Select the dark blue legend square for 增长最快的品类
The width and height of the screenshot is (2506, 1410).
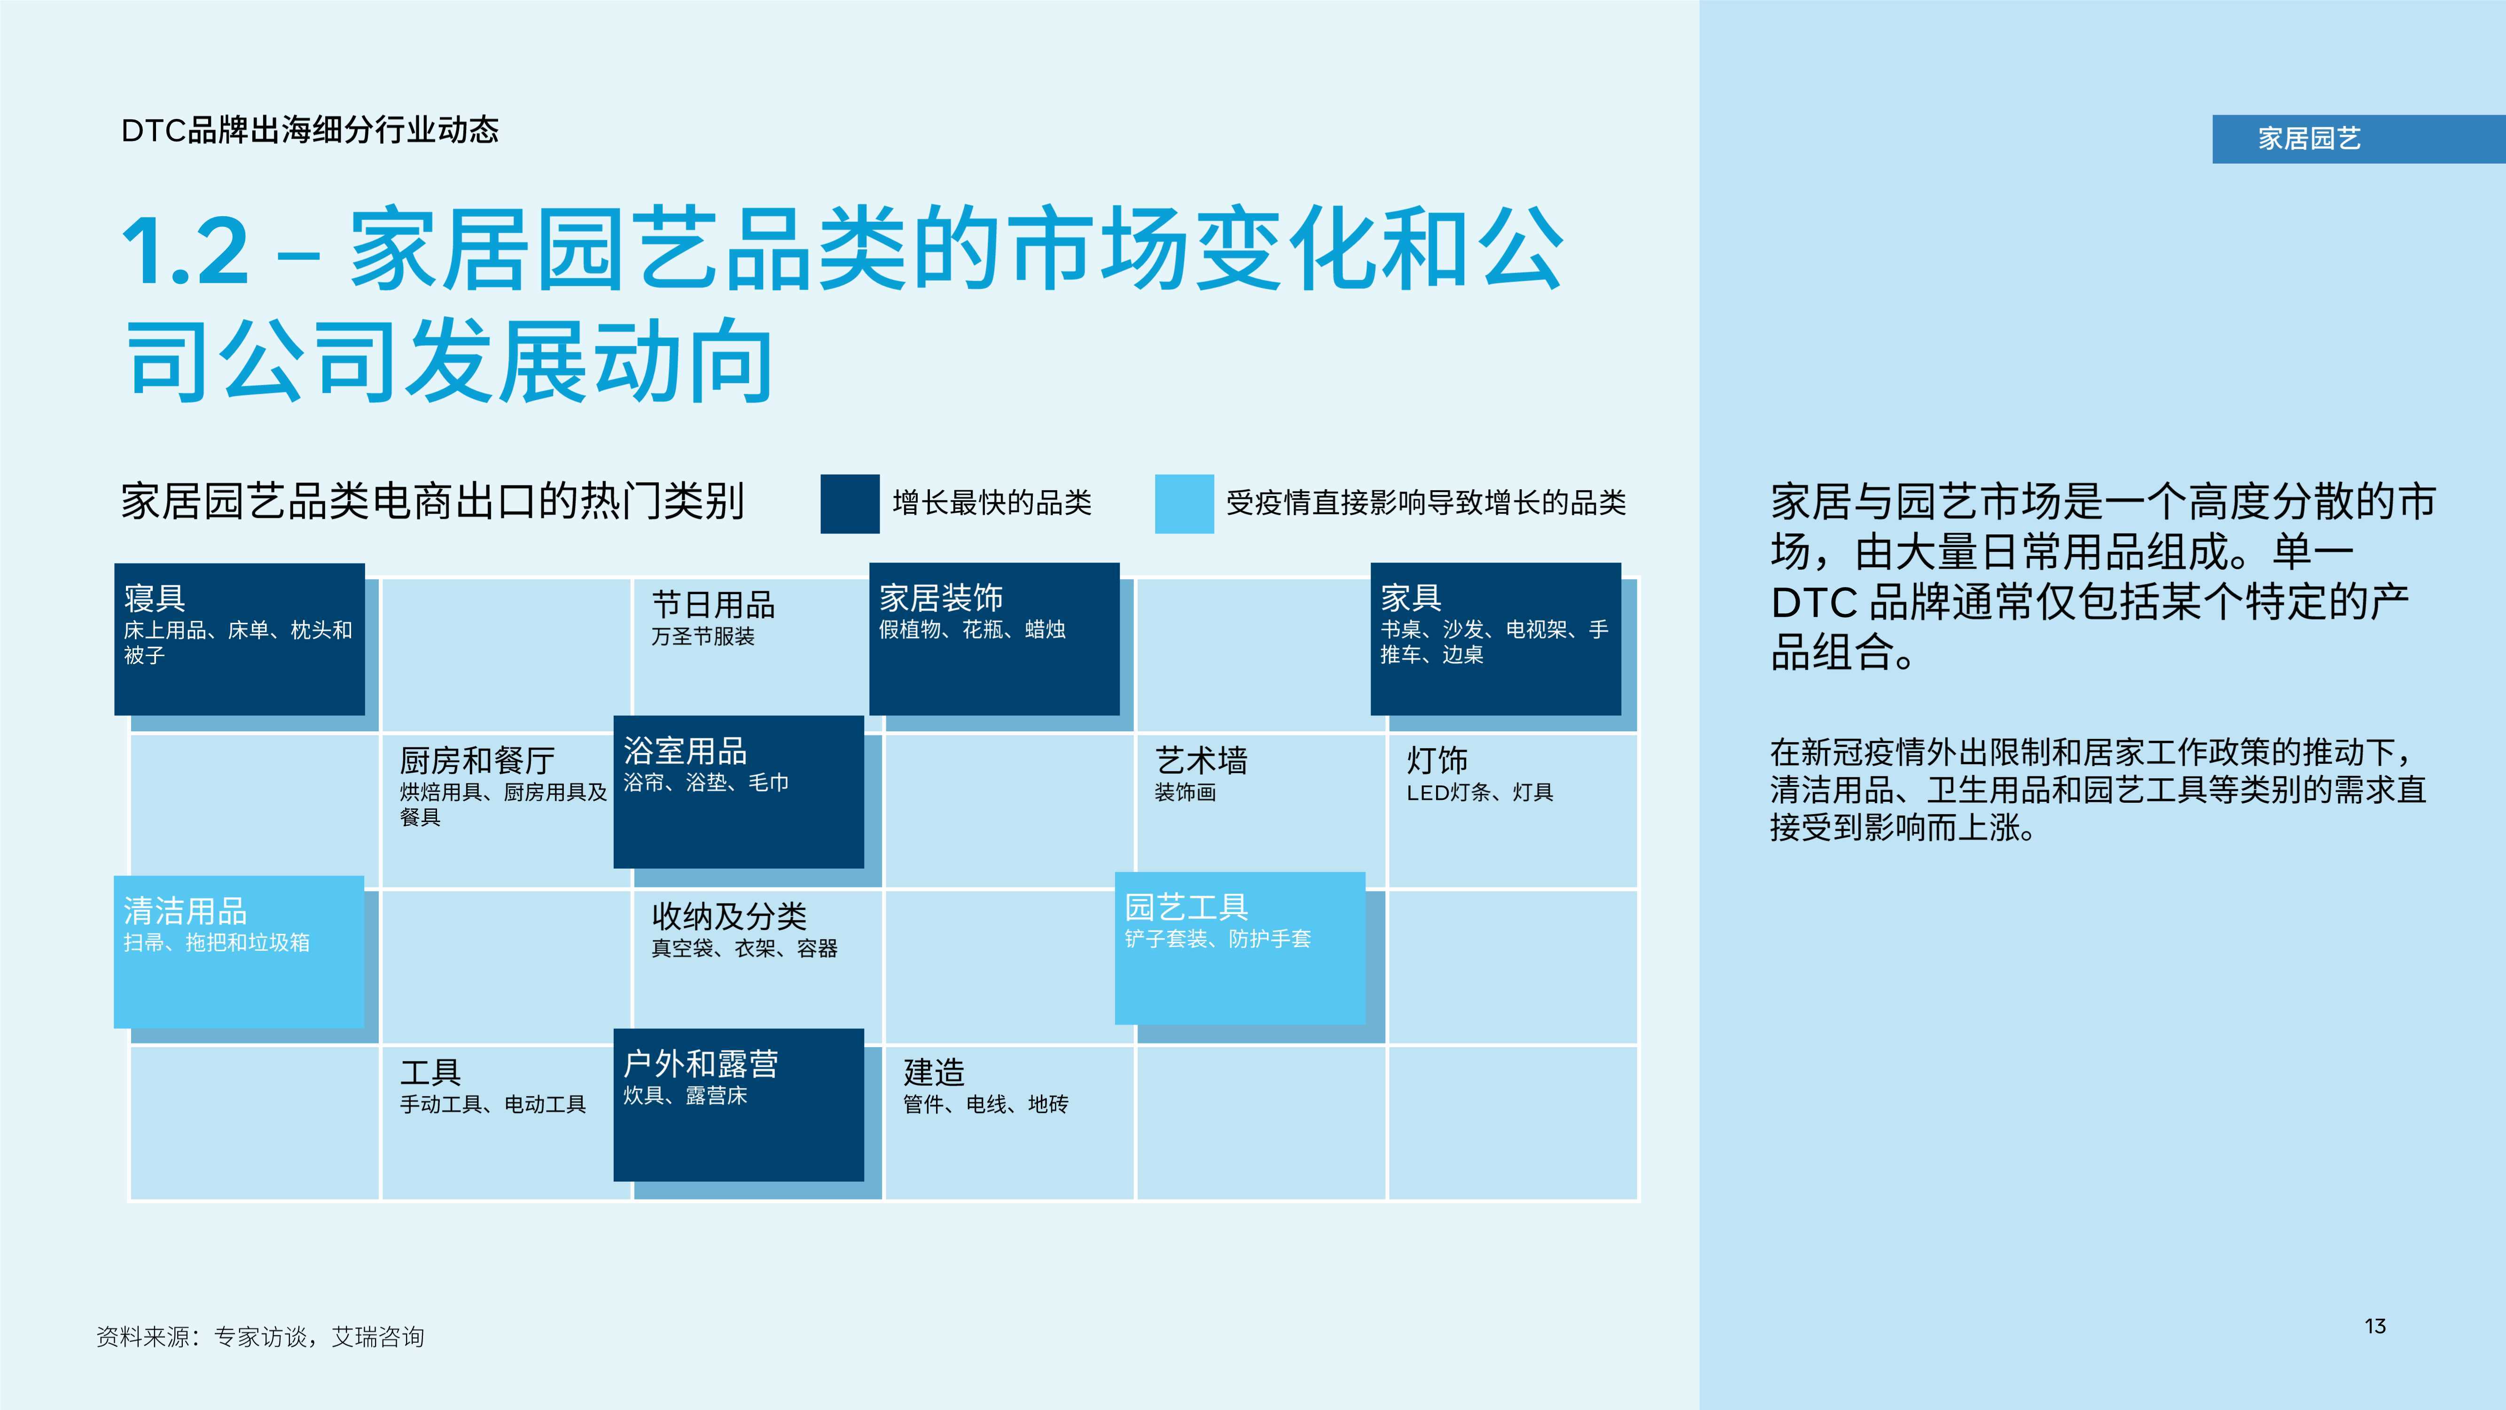pyautogui.click(x=849, y=503)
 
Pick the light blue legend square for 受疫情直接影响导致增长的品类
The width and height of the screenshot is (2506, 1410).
pyautogui.click(x=1184, y=503)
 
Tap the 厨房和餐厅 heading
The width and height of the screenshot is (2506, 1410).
pyautogui.click(x=476, y=760)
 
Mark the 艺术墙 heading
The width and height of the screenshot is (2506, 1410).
pyautogui.click(x=1201, y=760)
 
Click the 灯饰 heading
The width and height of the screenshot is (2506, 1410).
pyautogui.click(x=1437, y=760)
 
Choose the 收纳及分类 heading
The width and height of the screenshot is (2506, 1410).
pyautogui.click(x=729, y=916)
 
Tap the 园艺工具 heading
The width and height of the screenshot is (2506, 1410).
pyautogui.click(x=1186, y=907)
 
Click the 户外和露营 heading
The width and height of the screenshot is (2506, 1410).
pyautogui.click(x=701, y=1064)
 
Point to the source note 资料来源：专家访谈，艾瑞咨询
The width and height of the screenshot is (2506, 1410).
pyautogui.click(x=261, y=1337)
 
